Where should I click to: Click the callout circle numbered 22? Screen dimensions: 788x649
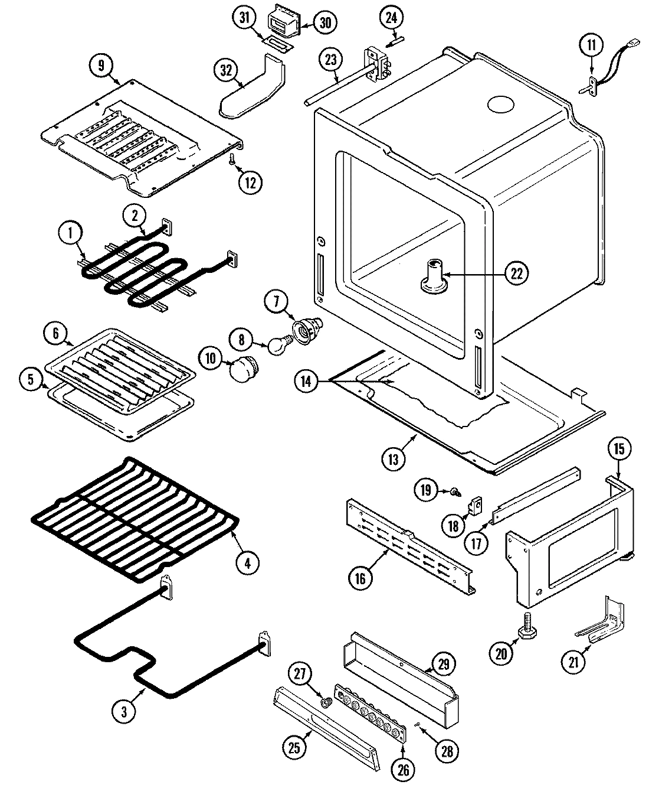click(517, 273)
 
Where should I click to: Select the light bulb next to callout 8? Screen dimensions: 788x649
click(277, 346)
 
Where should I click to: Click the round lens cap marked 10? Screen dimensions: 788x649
click(243, 372)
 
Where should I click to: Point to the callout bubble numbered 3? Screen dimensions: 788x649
click(124, 712)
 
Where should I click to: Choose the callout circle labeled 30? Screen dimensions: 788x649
click(324, 22)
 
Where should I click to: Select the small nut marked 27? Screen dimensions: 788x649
click(324, 702)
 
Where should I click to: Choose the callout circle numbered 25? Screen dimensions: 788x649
click(294, 747)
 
